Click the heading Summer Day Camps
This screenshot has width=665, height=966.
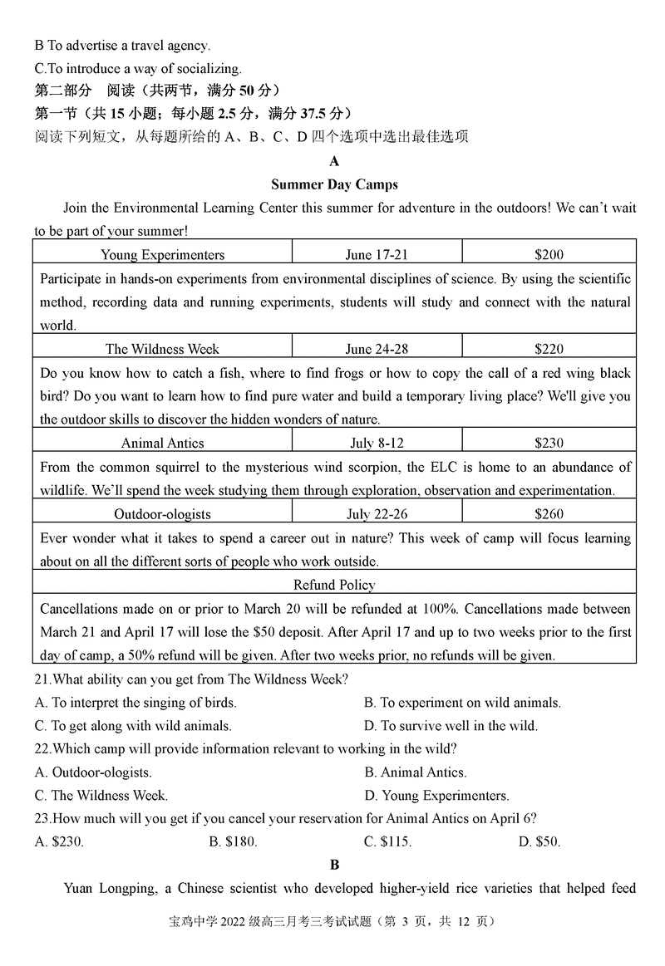[x=334, y=184]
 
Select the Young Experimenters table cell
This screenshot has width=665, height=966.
[x=162, y=254]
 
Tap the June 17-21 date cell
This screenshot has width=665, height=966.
[x=377, y=254]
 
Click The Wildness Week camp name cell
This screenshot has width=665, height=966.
[x=162, y=349]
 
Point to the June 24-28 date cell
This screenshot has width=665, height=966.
[x=377, y=349]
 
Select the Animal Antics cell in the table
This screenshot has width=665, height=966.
[x=162, y=443]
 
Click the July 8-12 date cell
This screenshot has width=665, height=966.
[x=377, y=443]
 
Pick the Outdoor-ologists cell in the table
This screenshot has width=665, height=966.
[x=162, y=514]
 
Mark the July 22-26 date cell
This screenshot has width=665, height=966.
[x=377, y=514]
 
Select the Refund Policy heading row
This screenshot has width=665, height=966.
[x=334, y=584]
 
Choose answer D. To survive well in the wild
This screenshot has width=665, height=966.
[x=451, y=726]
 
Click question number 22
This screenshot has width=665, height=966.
[x=42, y=749]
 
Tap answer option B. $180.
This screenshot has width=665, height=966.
[x=234, y=841]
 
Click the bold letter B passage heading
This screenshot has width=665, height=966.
[x=334, y=865]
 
